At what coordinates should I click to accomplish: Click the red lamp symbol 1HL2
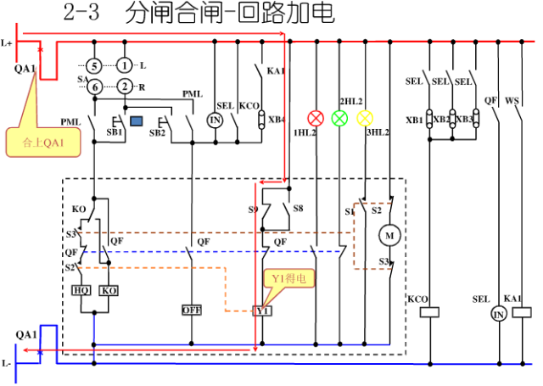(316, 118)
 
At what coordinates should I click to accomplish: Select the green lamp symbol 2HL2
(340, 118)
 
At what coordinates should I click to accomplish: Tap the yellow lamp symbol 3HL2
(365, 118)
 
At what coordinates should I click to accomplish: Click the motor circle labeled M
(391, 233)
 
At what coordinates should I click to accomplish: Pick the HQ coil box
(81, 290)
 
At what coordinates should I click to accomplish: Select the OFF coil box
(191, 310)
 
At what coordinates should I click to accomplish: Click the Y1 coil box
(262, 311)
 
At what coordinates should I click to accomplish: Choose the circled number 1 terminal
(125, 65)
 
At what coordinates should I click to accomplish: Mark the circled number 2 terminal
(125, 87)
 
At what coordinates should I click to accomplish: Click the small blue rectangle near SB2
(136, 110)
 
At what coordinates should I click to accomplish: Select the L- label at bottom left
(8, 363)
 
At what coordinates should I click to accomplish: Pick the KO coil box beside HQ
(109, 290)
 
